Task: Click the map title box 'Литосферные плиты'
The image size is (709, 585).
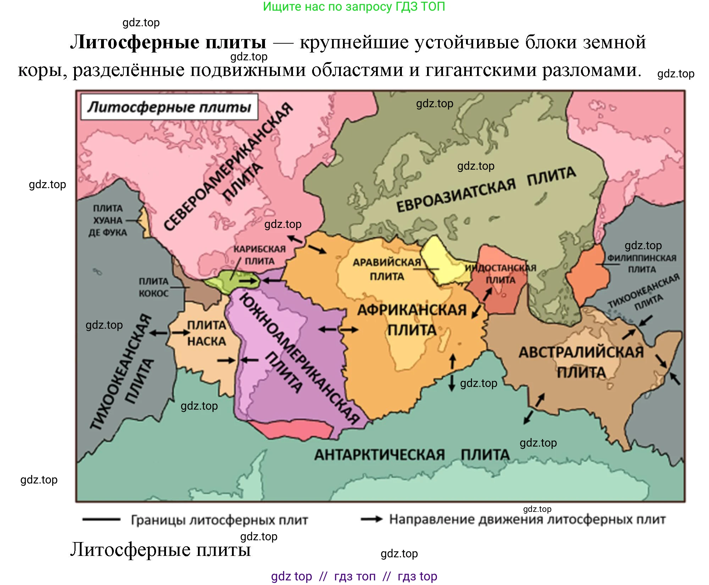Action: click(x=169, y=107)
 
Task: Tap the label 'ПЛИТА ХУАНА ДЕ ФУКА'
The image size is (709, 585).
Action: click(x=107, y=220)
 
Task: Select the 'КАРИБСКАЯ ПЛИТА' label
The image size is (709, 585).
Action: click(x=260, y=255)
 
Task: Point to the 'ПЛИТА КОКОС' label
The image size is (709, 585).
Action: click(x=153, y=287)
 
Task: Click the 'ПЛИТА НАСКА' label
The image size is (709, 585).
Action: click(x=206, y=333)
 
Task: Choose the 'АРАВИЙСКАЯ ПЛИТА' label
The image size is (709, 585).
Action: click(x=387, y=269)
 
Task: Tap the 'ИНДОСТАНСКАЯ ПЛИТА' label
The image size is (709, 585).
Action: click(x=500, y=274)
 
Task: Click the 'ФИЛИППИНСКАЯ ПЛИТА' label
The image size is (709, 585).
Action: click(x=642, y=263)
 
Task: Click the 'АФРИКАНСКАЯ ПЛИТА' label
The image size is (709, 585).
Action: click(x=411, y=319)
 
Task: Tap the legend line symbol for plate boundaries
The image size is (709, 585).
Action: click(x=101, y=519)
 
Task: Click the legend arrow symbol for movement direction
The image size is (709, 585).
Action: click(x=371, y=519)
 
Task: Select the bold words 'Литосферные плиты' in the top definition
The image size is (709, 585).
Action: click(x=168, y=42)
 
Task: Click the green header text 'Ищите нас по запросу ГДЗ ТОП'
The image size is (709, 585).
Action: click(x=354, y=7)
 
